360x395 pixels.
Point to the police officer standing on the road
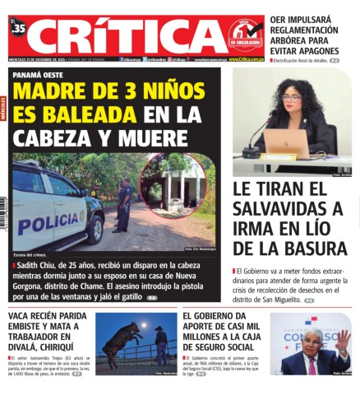[x=123, y=206]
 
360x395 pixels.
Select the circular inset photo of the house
[x=173, y=185]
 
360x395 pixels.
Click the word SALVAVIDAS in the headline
[x=280, y=208]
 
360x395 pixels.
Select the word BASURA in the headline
[x=312, y=249]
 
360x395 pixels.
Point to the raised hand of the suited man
[x=342, y=337]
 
